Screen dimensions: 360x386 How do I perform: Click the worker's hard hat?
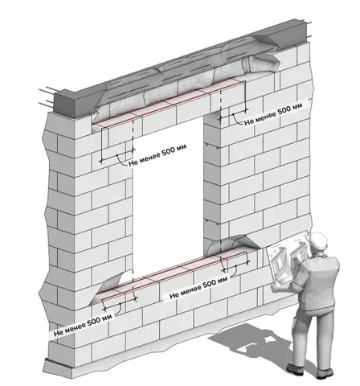pos(318,241)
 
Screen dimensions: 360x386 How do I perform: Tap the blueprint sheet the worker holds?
pos(288,257)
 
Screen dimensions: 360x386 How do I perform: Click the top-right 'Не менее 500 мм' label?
pos(273,113)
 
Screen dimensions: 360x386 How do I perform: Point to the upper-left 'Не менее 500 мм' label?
pos(157,155)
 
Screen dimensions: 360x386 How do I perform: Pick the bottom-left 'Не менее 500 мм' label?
pos(83,324)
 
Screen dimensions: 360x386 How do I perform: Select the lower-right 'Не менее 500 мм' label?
pos(198,288)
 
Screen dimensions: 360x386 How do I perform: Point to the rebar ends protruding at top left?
pos(47,96)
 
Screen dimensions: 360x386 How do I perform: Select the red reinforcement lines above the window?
pos(168,103)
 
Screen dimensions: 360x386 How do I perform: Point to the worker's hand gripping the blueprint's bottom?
pos(276,287)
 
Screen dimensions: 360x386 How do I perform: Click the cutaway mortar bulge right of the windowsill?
pos(235,243)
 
